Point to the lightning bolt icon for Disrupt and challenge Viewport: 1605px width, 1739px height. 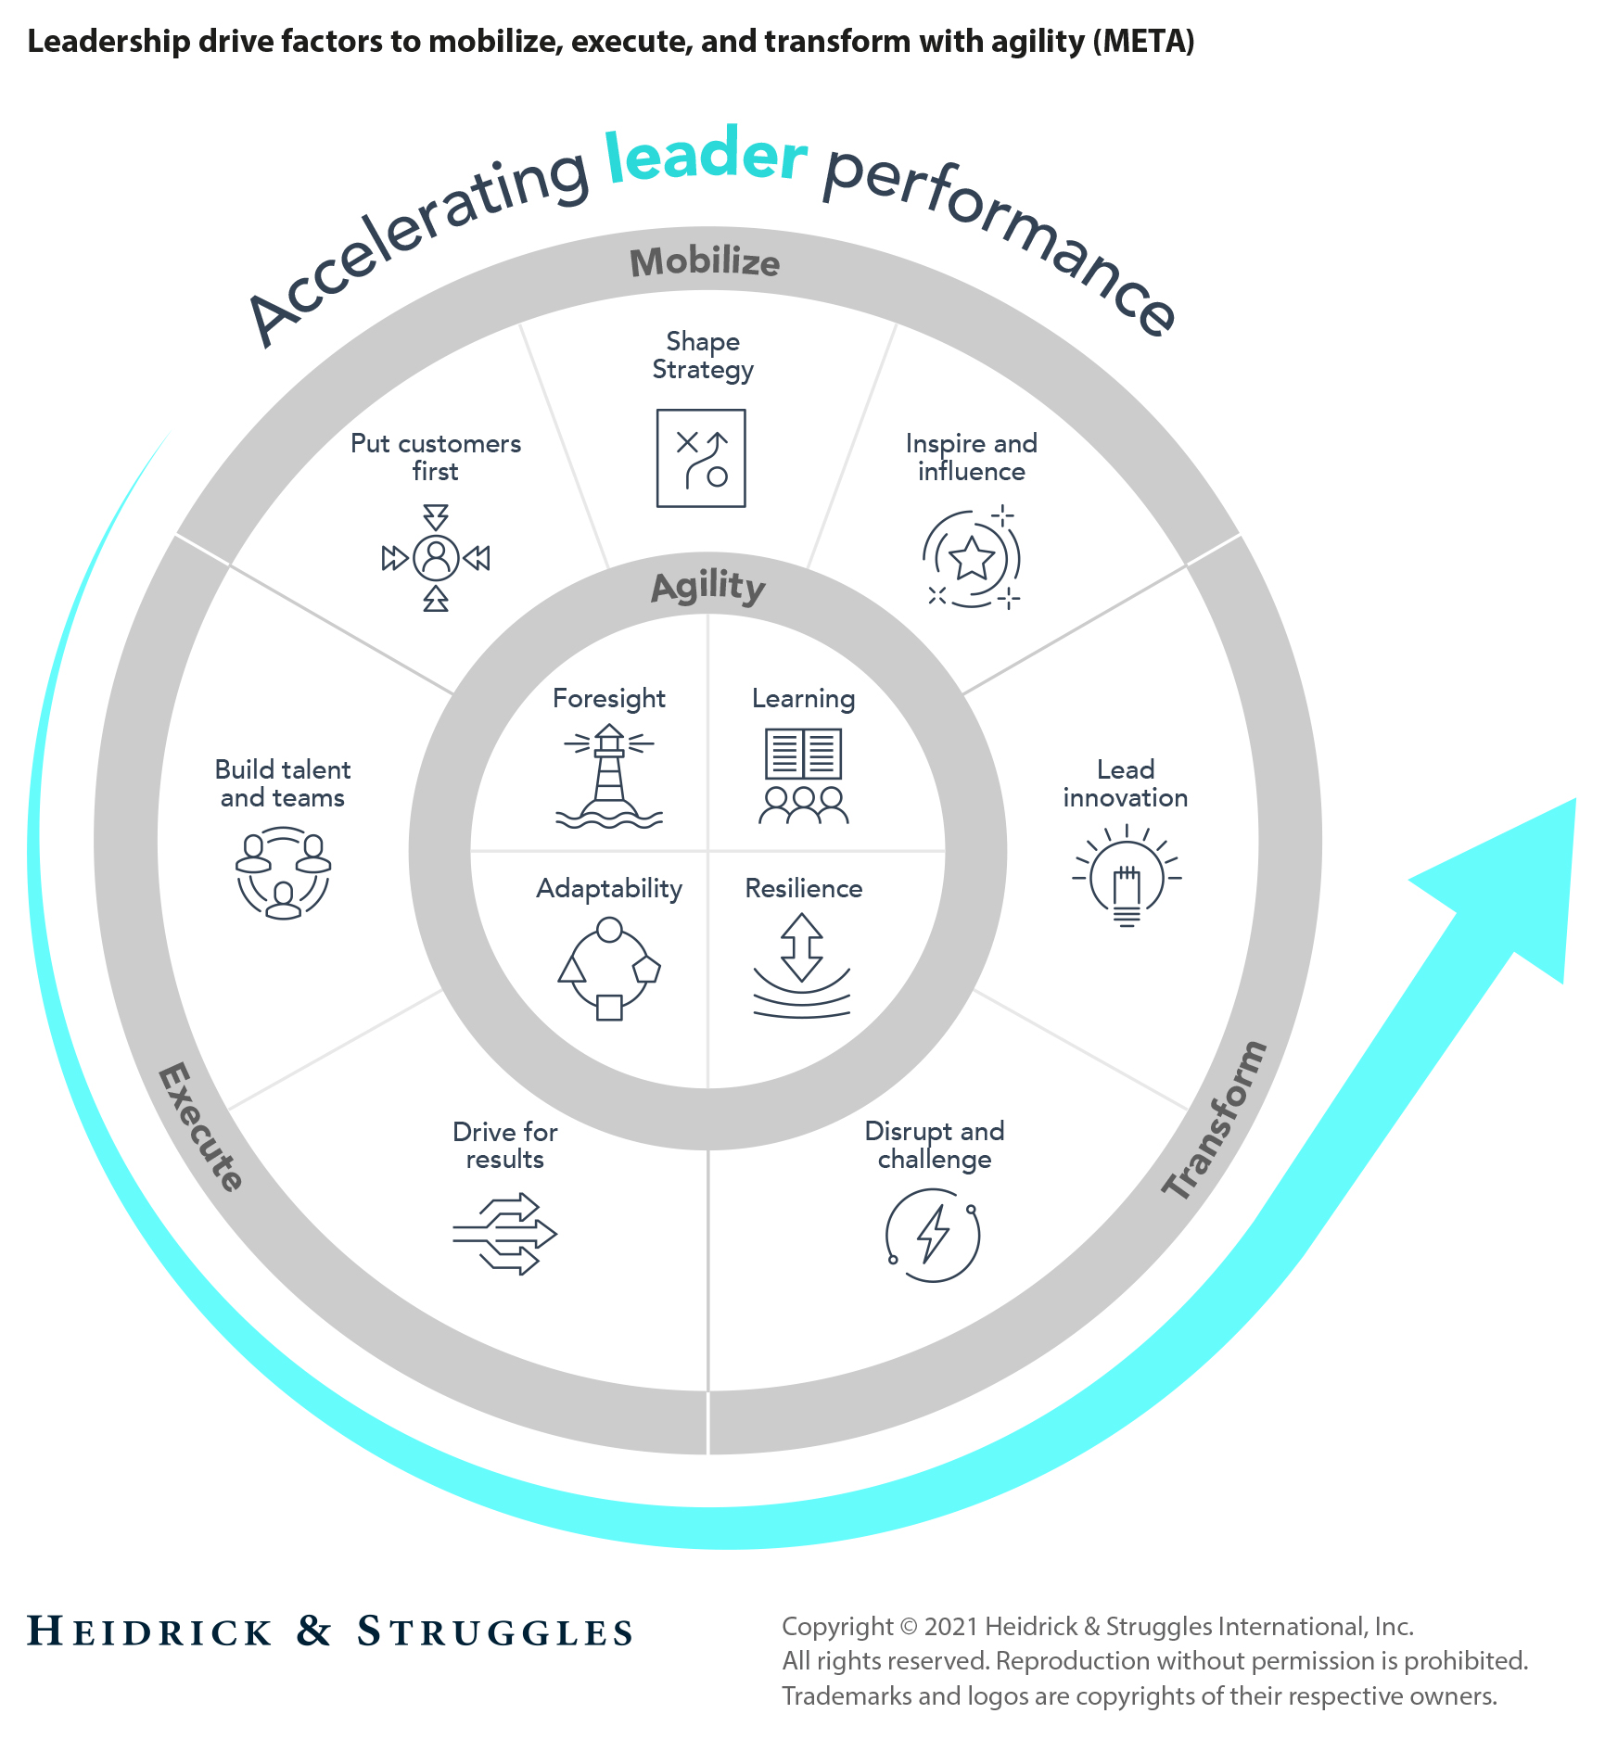pos(933,1235)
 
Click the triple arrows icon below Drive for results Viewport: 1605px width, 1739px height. pos(505,1234)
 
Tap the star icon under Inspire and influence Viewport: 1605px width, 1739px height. pos(971,558)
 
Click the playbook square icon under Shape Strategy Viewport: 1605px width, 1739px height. pos(701,458)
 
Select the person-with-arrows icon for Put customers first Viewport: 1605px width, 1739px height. pos(436,557)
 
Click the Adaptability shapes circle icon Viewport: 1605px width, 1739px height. pos(609,969)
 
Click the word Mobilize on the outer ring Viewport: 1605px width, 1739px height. pos(705,262)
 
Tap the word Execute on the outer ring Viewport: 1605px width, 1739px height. pos(200,1126)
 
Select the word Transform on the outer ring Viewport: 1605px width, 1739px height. pos(1215,1121)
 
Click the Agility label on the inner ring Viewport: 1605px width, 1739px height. pos(708,587)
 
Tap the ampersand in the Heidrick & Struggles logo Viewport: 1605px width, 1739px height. pos(314,1631)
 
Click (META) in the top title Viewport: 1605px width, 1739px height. pos(1143,42)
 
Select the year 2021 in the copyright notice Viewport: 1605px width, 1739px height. pos(951,1626)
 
